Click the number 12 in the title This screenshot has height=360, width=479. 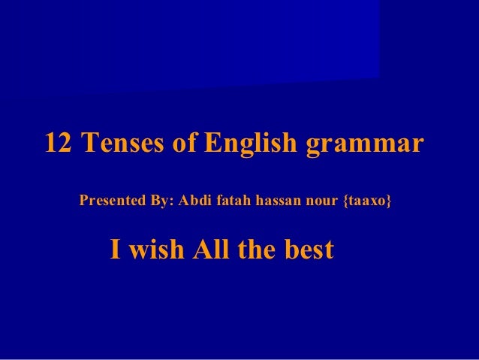60,143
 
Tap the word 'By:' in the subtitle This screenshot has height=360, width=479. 161,202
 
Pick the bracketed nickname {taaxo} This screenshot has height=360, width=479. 367,202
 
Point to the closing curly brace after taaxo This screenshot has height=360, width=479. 389,202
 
